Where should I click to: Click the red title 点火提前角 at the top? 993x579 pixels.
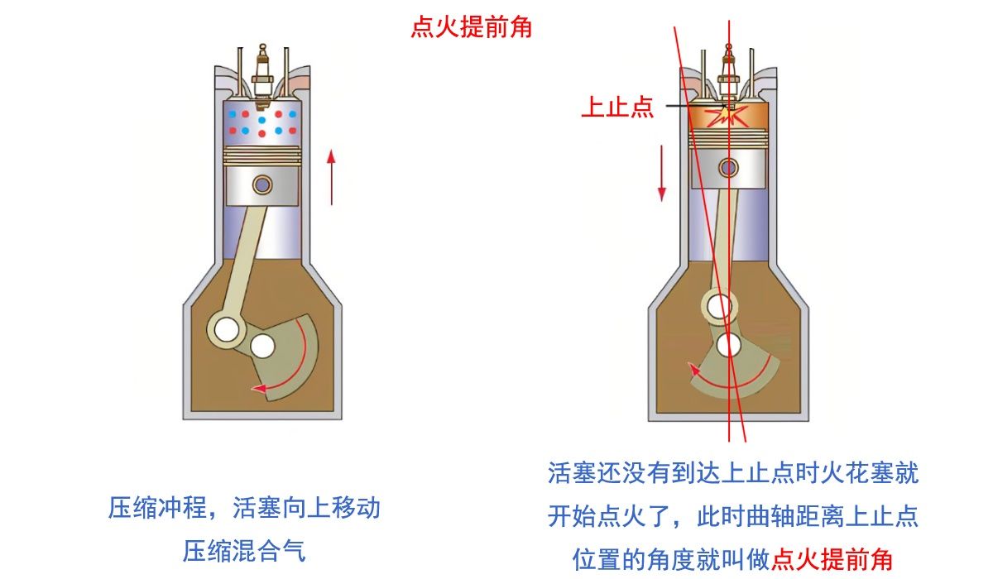click(471, 28)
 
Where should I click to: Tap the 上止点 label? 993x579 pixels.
click(617, 108)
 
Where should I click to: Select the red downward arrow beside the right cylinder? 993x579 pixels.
click(662, 173)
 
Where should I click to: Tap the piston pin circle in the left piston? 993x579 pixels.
click(263, 184)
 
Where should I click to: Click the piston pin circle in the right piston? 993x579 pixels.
click(729, 168)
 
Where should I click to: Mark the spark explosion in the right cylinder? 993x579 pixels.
click(729, 116)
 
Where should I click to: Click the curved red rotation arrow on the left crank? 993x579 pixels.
click(298, 364)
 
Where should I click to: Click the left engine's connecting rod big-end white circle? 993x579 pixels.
click(225, 329)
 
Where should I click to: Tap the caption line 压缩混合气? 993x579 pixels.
click(244, 550)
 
